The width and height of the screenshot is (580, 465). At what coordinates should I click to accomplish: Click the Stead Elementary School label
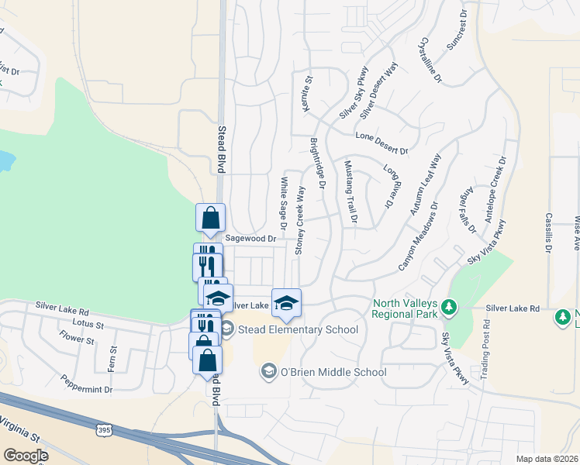pos(298,330)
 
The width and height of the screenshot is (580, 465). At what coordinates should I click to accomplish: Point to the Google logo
pos(26,455)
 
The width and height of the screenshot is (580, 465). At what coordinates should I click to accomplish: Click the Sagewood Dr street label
pos(250,239)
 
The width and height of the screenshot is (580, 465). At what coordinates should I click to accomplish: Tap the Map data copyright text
pos(547,459)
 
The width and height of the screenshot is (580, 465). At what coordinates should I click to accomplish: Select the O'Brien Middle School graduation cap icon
pos(268,372)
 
